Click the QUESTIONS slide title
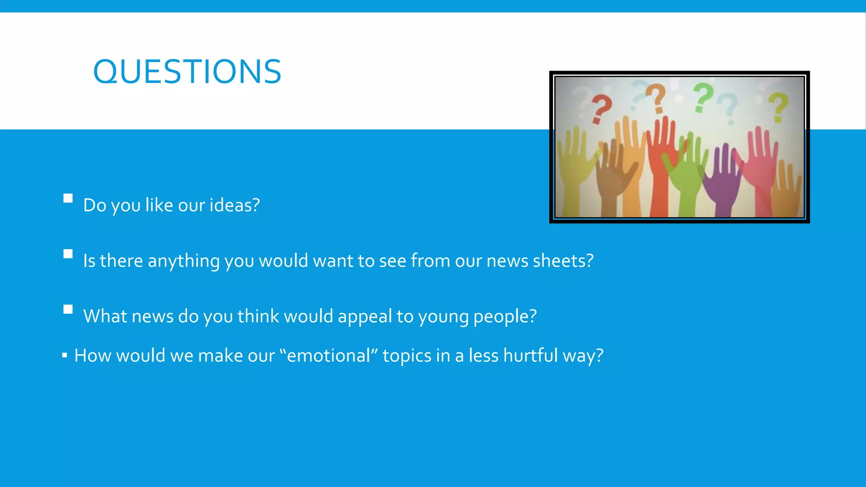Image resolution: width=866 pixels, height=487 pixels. point(187,72)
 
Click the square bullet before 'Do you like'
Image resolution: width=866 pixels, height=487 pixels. point(68,198)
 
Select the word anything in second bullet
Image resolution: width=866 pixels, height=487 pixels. point(184,261)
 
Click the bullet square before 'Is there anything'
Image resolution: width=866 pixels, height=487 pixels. point(68,254)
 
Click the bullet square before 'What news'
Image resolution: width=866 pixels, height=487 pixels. point(68,309)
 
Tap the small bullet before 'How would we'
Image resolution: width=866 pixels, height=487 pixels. point(64,355)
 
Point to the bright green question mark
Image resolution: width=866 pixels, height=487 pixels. point(703,97)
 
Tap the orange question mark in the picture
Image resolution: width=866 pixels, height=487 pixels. point(656,98)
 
